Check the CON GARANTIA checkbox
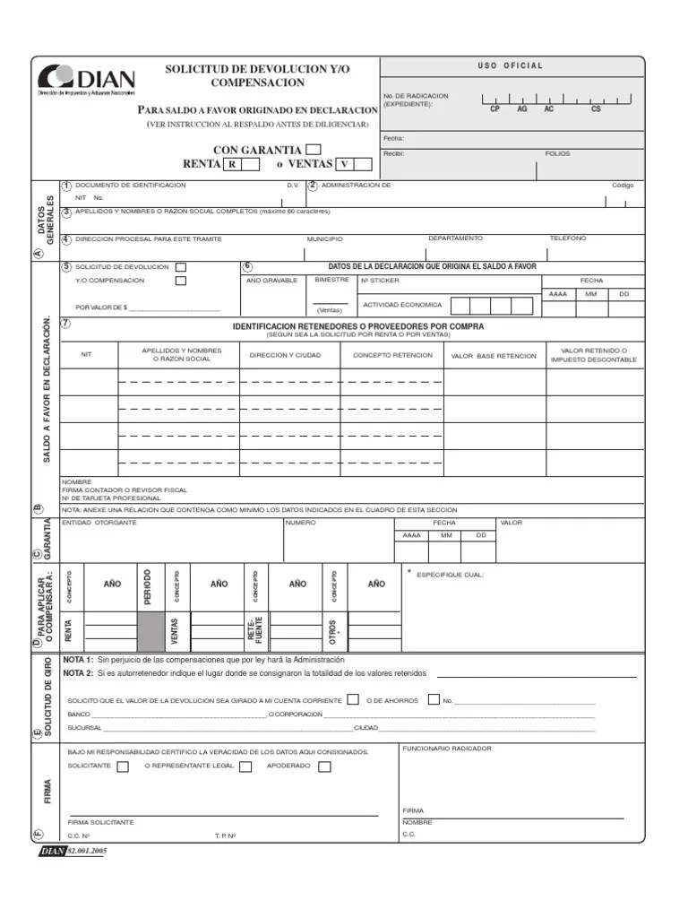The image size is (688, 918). [x=314, y=150]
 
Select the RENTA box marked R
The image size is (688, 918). [x=232, y=164]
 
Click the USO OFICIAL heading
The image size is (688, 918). [x=512, y=65]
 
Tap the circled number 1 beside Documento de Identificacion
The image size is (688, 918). [x=66, y=186]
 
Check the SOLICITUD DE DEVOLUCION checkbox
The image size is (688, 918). [x=181, y=267]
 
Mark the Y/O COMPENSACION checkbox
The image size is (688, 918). [x=181, y=281]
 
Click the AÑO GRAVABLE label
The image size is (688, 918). [x=271, y=281]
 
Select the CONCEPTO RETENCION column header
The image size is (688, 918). [x=392, y=355]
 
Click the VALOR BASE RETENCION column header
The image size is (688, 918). [x=494, y=356]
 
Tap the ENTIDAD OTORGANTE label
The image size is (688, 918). [x=99, y=523]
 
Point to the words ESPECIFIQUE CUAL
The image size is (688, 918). [x=451, y=575]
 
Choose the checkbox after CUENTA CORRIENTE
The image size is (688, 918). [x=354, y=699]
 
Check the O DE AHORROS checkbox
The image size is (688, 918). [x=434, y=699]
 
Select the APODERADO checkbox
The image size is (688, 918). [x=324, y=766]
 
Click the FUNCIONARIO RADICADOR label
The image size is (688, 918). [x=447, y=749]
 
